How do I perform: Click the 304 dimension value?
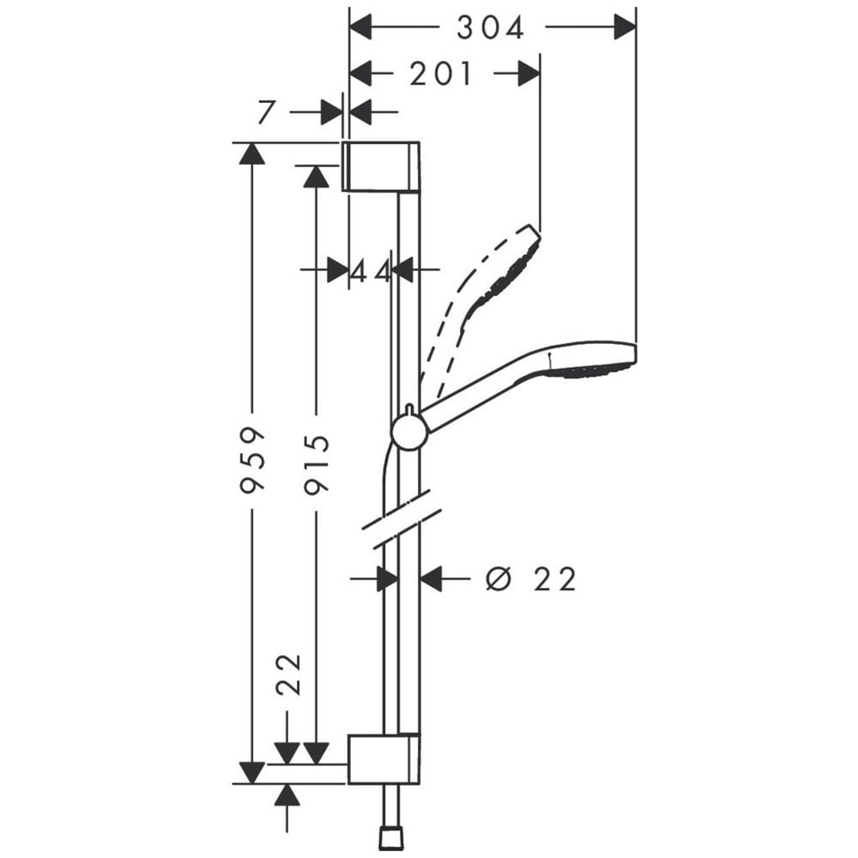click(490, 28)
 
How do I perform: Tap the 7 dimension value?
click(265, 112)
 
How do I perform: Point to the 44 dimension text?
click(371, 270)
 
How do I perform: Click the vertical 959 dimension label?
click(252, 461)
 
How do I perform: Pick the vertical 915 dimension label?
click(317, 465)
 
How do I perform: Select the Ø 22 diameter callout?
click(531, 579)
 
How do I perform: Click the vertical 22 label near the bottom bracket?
click(289, 674)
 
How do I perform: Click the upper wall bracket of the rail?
click(381, 166)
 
